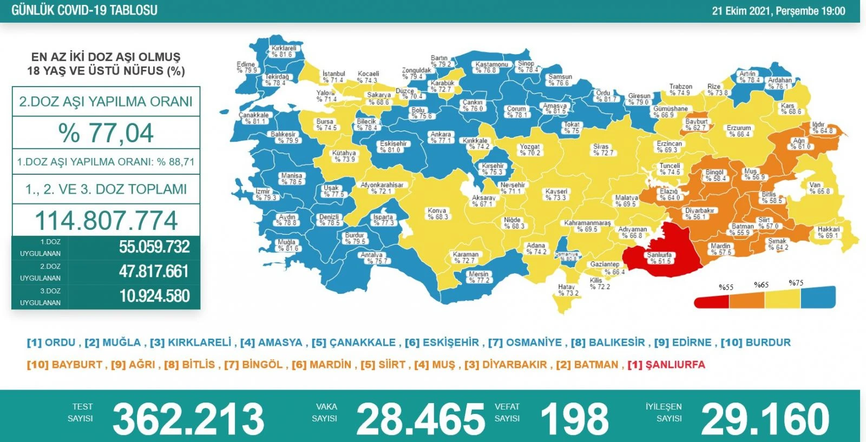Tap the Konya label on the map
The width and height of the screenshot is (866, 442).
pos(437,214)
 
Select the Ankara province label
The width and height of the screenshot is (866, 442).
pos(441,137)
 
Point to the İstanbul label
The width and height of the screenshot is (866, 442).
pos(333,77)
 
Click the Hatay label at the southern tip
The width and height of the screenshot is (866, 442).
pos(567,290)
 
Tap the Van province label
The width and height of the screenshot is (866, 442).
pos(818,188)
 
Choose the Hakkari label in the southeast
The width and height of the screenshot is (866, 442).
pos(828,232)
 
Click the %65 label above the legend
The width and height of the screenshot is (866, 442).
pos(761,285)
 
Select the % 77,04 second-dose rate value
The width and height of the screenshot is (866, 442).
pos(106,133)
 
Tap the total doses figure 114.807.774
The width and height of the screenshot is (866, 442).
pos(106,220)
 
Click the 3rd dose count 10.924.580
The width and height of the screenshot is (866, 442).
pos(154,296)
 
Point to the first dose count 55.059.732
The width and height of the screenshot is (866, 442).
pos(154,247)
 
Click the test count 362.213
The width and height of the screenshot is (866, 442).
pos(188,419)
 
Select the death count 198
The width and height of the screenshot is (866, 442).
pos(574,419)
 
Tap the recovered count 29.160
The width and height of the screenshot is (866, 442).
pos(765,419)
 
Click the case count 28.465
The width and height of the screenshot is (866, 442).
pos(421,419)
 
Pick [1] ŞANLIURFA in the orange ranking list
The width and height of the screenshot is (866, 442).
pos(666,365)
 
